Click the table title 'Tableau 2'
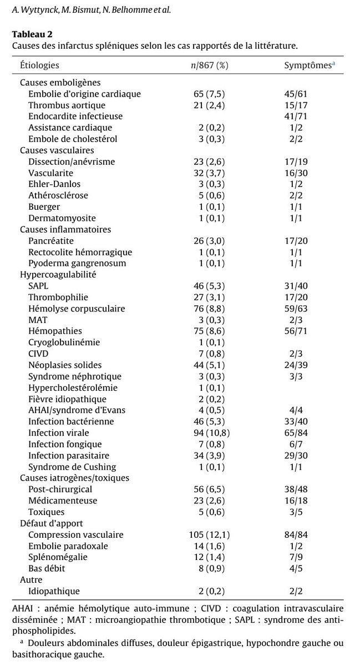pyautogui.click(x=33, y=34)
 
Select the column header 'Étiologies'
pyautogui.click(x=39, y=65)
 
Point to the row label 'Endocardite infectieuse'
pyautogui.click(x=75, y=117)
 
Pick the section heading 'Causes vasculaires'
pyautogui.click(x=57, y=150)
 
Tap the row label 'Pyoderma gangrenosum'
pyautogui.click(x=77, y=263)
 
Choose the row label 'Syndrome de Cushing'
pyautogui.click(x=72, y=467)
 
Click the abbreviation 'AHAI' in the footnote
pyautogui.click(x=22, y=609)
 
